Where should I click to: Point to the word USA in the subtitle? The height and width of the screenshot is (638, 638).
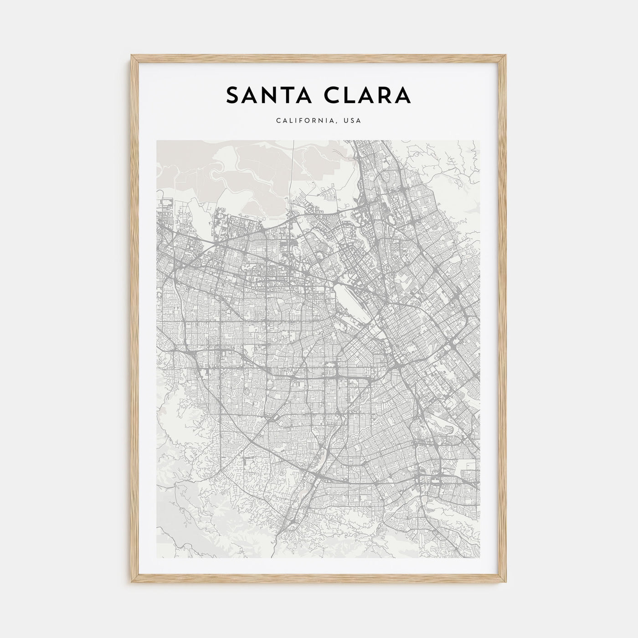tap(353, 121)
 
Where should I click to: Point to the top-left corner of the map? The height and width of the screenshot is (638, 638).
tap(157, 140)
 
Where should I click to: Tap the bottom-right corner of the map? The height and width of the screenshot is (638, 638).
tap(481, 557)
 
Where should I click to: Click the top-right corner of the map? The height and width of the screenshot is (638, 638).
tap(481, 140)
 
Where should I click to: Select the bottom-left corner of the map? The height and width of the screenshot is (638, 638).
tap(157, 557)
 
